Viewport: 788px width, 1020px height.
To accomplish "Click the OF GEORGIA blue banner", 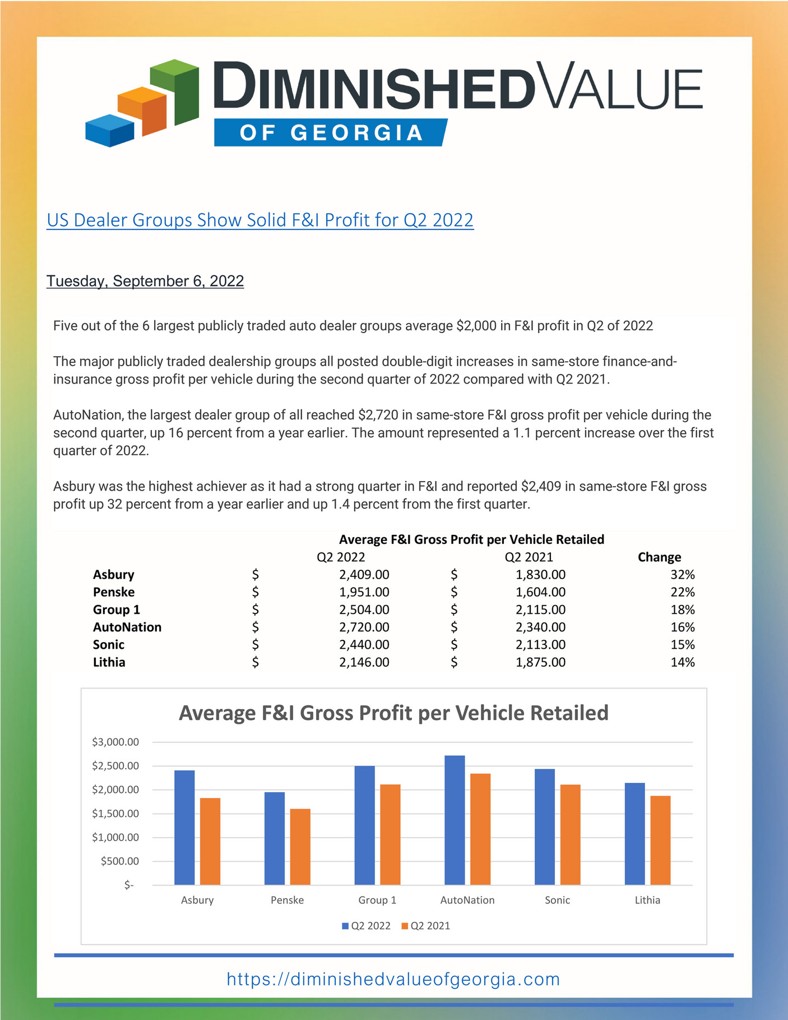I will (330, 133).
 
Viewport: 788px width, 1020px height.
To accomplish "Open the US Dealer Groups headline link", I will (260, 220).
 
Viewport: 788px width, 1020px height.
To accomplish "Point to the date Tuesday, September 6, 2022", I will (145, 281).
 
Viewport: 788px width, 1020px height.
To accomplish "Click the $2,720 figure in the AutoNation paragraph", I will (378, 415).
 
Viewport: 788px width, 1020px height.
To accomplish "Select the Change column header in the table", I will (659, 557).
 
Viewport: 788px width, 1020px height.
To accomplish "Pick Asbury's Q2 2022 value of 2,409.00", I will (364, 574).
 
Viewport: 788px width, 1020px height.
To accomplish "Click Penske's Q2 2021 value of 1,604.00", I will (540, 592).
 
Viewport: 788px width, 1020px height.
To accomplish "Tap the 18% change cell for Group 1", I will (682, 610).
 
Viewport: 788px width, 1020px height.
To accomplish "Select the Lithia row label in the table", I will (109, 662).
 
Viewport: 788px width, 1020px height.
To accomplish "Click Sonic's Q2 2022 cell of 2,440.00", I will (364, 645).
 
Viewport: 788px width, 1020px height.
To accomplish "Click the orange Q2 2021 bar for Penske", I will (300, 847).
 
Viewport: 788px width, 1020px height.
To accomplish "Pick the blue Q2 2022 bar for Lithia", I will (634, 834).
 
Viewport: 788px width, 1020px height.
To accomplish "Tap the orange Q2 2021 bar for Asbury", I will (210, 841).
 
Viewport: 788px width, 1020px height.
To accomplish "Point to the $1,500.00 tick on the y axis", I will (115, 814).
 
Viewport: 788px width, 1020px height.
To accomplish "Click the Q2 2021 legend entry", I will (425, 926).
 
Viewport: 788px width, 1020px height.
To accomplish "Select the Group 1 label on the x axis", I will (377, 900).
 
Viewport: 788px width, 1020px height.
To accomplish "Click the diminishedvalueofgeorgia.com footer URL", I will (393, 979).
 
